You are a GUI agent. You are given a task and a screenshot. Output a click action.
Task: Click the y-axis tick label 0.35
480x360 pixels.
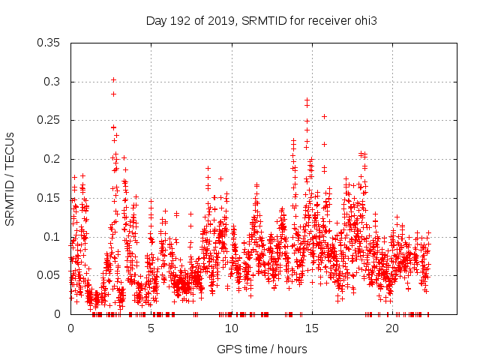49,43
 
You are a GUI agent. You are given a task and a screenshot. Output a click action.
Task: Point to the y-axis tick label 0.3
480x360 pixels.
52,82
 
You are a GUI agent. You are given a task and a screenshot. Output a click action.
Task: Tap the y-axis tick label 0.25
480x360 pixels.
49,120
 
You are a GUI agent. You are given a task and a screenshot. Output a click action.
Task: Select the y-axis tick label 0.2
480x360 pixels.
52,159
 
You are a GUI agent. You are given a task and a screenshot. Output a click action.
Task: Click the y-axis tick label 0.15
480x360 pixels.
49,198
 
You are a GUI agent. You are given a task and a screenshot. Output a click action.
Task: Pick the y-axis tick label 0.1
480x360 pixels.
52,236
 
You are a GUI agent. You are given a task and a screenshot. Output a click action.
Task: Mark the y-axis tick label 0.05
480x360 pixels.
49,275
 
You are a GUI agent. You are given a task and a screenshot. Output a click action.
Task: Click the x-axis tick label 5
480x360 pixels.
151,328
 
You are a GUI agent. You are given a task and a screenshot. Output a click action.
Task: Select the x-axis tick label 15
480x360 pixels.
311,328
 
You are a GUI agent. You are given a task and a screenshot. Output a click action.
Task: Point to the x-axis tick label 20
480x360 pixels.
392,328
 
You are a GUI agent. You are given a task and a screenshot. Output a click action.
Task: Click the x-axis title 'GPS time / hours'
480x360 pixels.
262,349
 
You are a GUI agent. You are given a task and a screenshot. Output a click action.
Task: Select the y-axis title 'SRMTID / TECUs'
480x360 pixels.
10,178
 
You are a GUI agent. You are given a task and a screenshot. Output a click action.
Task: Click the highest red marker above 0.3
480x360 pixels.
113,79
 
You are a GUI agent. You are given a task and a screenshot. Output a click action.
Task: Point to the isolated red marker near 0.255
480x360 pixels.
324,116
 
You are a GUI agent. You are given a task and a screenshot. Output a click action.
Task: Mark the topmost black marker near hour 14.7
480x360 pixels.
307,100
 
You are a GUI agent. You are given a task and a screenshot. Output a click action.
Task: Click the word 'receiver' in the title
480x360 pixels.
329,20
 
